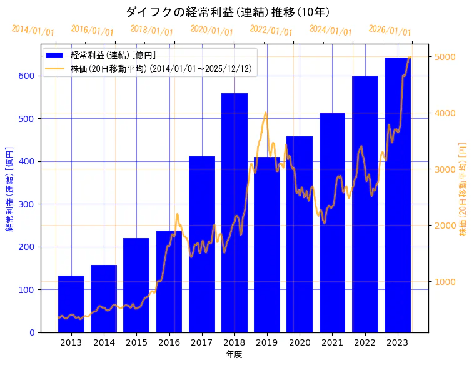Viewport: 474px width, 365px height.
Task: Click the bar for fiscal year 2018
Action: tap(234, 212)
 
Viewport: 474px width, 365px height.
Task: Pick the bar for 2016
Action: tap(169, 281)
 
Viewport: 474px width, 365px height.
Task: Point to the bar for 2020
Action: tap(300, 234)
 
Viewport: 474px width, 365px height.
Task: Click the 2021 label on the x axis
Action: tap(332, 342)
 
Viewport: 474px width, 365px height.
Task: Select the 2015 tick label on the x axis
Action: tap(136, 342)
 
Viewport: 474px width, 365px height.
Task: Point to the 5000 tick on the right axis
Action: tap(445, 57)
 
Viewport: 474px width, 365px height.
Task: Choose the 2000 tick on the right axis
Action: tap(445, 226)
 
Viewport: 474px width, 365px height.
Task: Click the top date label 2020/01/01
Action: tap(211, 30)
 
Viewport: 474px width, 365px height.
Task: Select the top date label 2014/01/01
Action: tap(33, 30)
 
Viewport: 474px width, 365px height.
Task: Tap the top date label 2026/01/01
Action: tap(390, 30)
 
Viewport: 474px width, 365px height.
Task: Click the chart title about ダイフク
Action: tap(228, 12)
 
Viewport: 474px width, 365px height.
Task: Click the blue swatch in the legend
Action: tap(56, 56)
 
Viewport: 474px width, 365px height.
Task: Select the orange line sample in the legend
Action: tap(56, 69)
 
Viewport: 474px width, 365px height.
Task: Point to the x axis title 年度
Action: tap(234, 354)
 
